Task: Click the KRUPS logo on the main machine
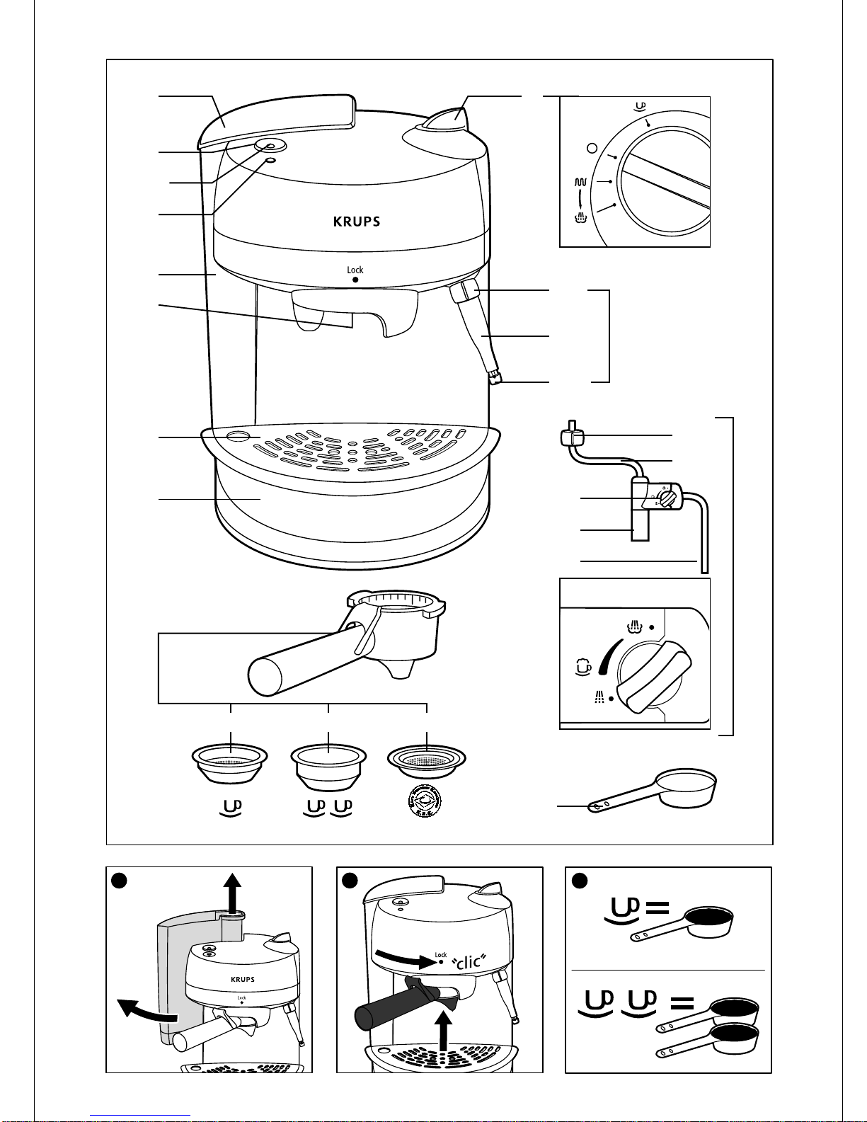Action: pos(357,222)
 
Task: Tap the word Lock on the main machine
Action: pos(355,270)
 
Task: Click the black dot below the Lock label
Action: pos(355,280)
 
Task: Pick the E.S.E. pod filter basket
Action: pos(427,761)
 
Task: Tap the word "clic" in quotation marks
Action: pos(469,961)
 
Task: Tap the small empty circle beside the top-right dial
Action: pos(592,149)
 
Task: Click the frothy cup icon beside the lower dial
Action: pos(582,666)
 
